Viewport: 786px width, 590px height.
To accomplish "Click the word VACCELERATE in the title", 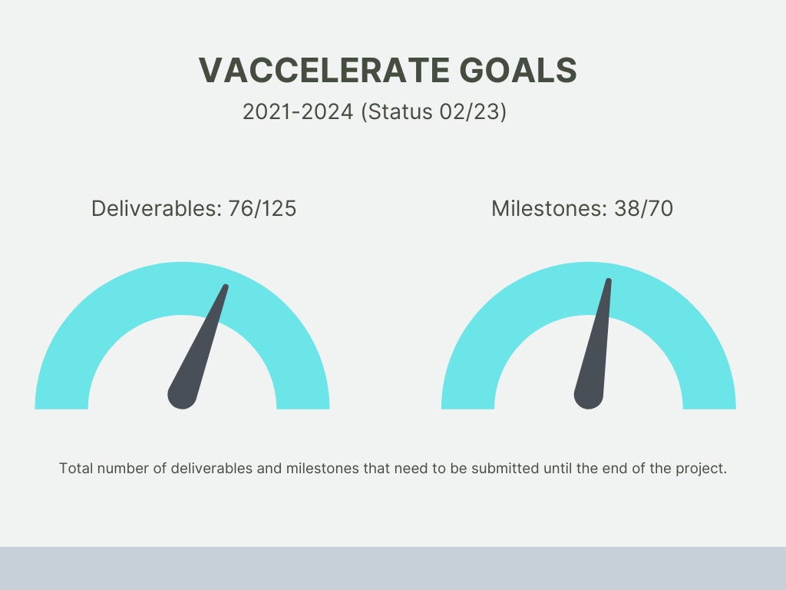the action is pos(324,70).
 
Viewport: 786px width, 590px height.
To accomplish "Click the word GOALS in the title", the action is pos(518,70).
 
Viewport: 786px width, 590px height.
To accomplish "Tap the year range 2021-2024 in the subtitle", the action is pos(298,111).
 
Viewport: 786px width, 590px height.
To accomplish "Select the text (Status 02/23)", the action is pos(434,112).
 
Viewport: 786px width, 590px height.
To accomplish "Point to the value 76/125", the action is pos(263,209).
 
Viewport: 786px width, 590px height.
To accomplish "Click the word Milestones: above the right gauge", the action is pos(550,208).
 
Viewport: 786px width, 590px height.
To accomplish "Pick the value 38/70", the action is pos(644,209).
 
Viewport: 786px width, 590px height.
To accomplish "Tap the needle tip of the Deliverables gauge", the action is pos(226,287).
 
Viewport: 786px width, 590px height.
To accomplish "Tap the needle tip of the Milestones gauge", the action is pos(609,280).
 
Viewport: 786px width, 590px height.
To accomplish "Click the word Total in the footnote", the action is pos(76,468).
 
